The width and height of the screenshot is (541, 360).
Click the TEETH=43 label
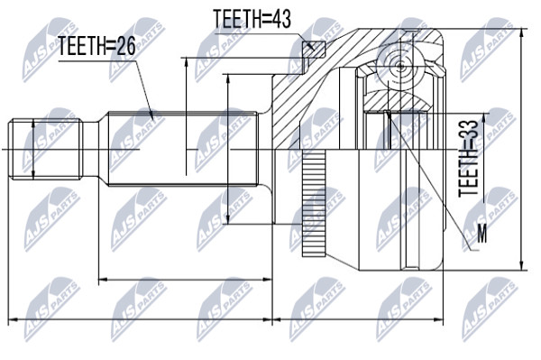[252, 19]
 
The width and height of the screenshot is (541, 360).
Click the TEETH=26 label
[96, 46]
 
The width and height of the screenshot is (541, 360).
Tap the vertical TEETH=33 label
[468, 159]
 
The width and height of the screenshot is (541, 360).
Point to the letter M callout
[481, 234]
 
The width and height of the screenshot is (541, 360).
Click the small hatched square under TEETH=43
[314, 50]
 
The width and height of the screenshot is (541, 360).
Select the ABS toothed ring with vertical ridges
[314, 203]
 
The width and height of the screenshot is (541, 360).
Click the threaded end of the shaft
[46, 149]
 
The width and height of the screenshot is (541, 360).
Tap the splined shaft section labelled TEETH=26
[183, 149]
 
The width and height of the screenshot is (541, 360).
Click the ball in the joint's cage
[399, 65]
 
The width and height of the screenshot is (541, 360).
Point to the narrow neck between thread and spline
[92, 149]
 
